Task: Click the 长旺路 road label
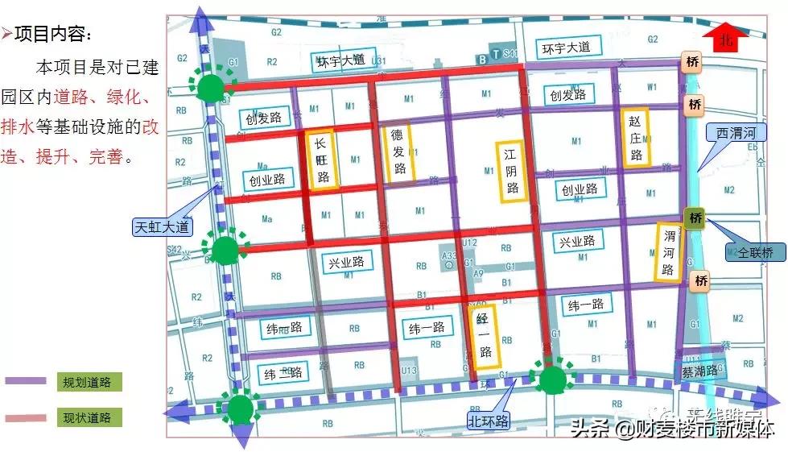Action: (323, 161)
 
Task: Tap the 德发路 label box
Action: (397, 152)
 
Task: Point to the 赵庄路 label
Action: (636, 138)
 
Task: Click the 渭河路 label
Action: (668, 252)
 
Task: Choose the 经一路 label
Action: (485, 335)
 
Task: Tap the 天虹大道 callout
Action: (162, 226)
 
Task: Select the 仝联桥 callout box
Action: (755, 253)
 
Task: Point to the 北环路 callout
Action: (489, 420)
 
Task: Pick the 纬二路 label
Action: (283, 372)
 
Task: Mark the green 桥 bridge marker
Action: (695, 218)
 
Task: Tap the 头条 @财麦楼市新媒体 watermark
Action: (672, 427)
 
